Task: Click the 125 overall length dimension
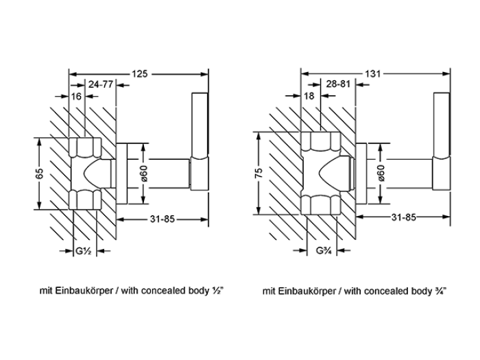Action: tap(140, 74)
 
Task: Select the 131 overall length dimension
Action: tap(372, 74)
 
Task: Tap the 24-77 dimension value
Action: tap(101, 84)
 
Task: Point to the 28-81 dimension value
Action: tap(338, 84)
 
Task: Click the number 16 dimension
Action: tap(76, 97)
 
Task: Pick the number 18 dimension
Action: tap(309, 96)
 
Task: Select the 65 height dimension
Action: tap(40, 173)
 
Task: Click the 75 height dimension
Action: tap(259, 173)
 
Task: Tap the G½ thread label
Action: tap(83, 252)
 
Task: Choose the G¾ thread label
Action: tap(322, 251)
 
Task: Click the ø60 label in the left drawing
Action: tap(144, 173)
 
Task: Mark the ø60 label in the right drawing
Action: tap(381, 173)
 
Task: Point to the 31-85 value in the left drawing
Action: tap(163, 219)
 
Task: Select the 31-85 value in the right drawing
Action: tap(404, 217)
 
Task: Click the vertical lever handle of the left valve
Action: tap(200, 141)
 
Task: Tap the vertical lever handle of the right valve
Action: tap(442, 141)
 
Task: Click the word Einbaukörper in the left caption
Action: tap(84, 291)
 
